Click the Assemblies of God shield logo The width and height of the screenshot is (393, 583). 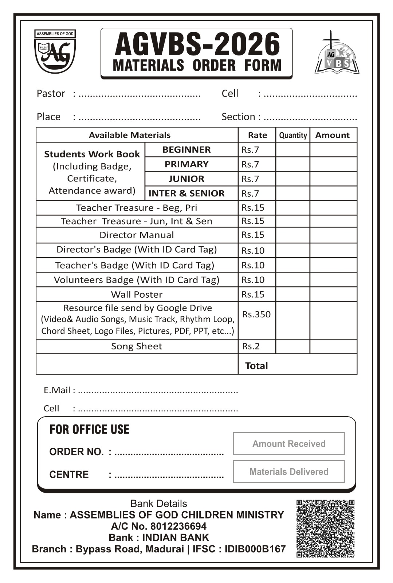[x=55, y=52]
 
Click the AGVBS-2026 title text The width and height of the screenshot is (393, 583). [x=197, y=44]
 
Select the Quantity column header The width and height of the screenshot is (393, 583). [x=293, y=135]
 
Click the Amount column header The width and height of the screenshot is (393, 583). [x=332, y=135]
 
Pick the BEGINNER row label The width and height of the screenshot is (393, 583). [x=186, y=150]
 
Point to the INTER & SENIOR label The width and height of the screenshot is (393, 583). [x=186, y=193]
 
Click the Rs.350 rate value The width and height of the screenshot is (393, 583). [x=256, y=314]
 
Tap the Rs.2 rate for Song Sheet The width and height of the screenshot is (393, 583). [x=251, y=346]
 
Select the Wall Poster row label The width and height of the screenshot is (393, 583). [x=137, y=294]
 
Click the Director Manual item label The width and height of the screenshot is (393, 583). [x=137, y=235]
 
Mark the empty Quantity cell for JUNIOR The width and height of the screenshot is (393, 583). [x=293, y=179]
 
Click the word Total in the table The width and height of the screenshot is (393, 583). [x=256, y=366]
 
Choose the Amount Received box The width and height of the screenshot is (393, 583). [x=289, y=444]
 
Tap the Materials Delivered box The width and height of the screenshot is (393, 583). [x=289, y=472]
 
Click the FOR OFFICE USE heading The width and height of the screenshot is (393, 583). [x=89, y=430]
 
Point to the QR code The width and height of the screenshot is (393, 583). [x=325, y=528]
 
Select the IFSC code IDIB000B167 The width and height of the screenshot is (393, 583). [x=255, y=549]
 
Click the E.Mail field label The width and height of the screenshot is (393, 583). [x=57, y=390]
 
